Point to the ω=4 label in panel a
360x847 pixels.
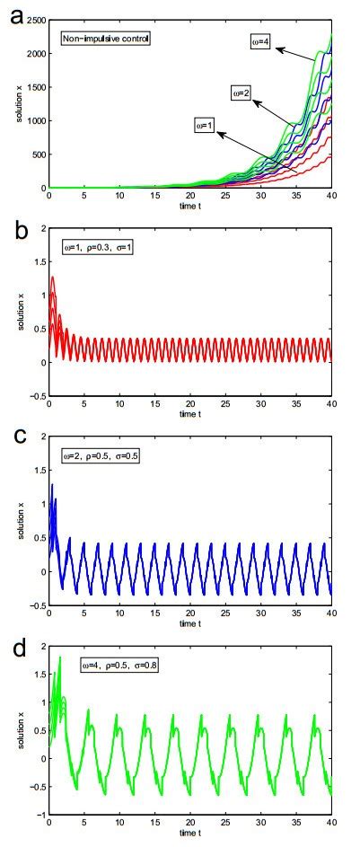(265, 40)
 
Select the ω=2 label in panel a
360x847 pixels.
(240, 92)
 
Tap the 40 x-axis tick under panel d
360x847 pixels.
(331, 825)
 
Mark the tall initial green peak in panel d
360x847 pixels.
(60, 659)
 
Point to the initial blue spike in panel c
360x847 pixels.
(53, 487)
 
